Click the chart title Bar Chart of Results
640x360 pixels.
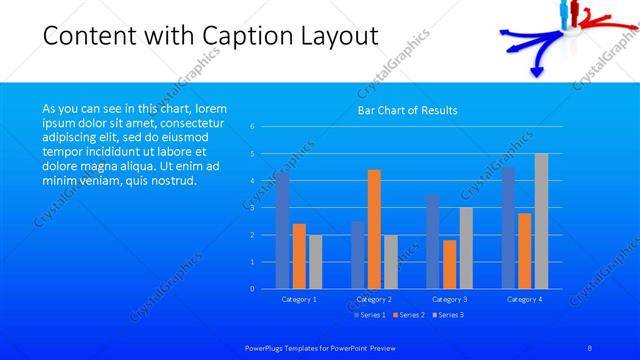tap(407, 110)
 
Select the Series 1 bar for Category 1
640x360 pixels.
tap(283, 231)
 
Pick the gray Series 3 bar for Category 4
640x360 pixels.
tap(541, 221)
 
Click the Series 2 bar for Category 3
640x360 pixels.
tap(449, 264)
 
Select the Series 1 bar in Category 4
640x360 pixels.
tap(508, 228)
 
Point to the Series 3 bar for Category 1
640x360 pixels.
tap(315, 262)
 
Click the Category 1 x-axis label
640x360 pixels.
tap(299, 299)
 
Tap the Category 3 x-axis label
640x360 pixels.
tap(449, 299)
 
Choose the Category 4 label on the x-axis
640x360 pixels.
tap(524, 299)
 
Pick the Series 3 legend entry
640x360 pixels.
tap(448, 315)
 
